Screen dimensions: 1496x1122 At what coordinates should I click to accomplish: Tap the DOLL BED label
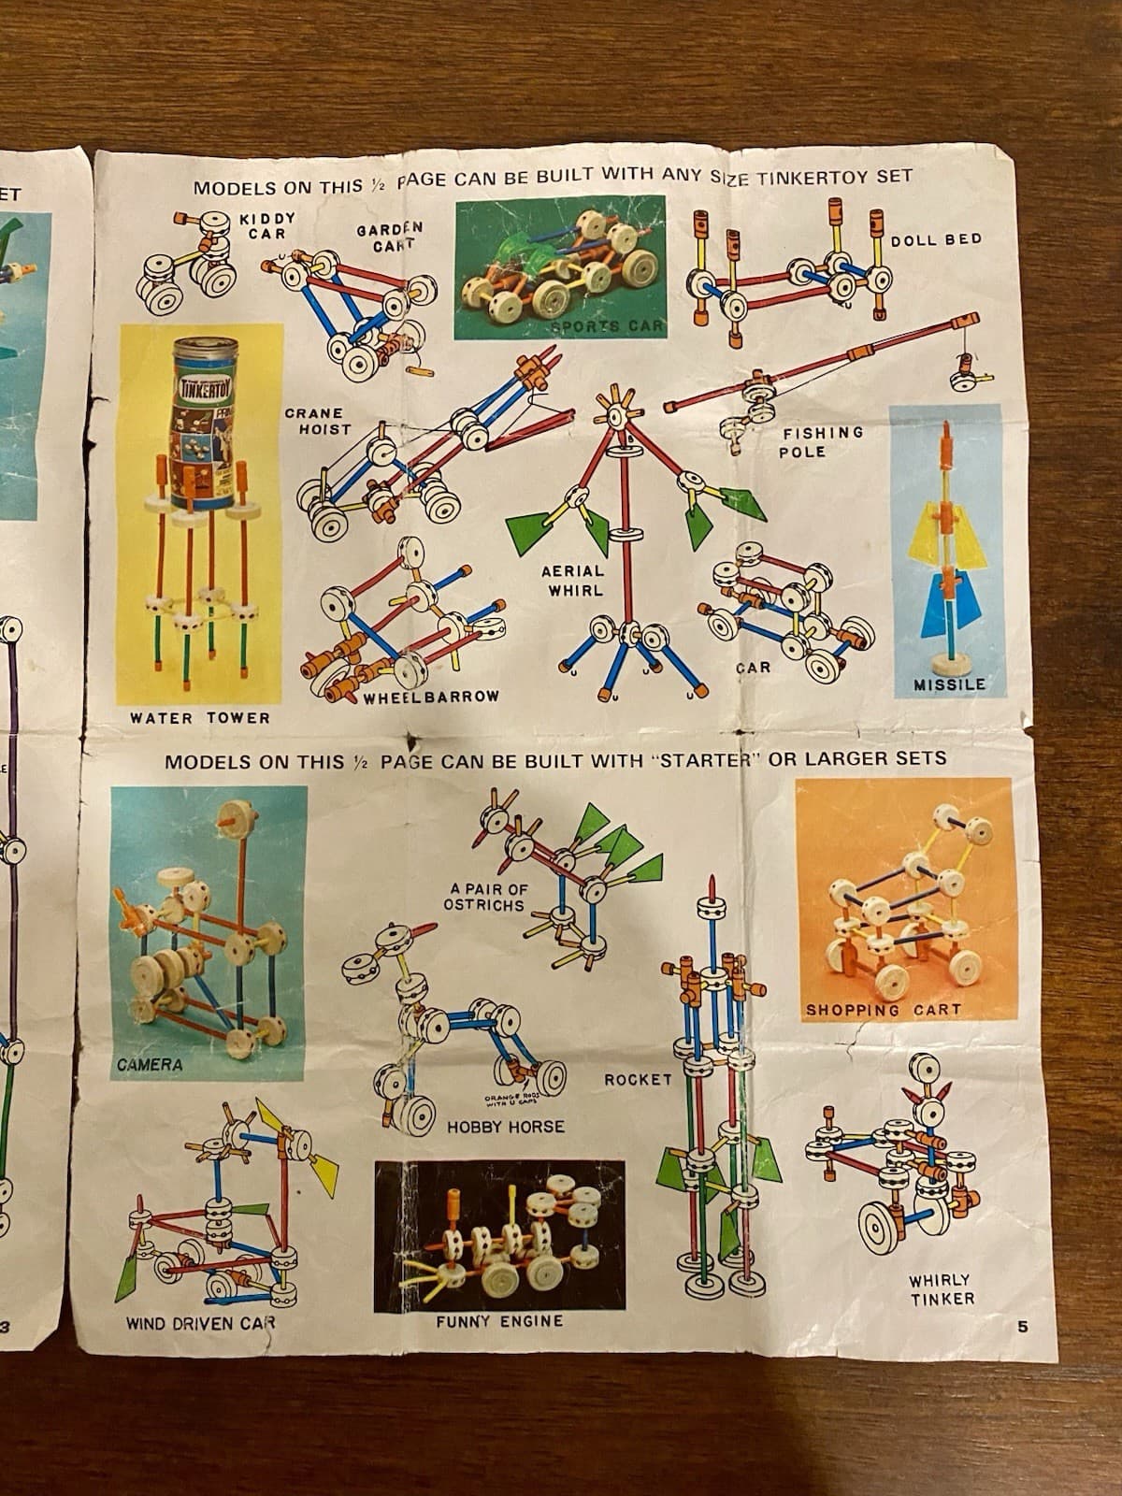(x=936, y=239)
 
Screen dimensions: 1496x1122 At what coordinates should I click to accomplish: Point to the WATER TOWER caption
(x=199, y=718)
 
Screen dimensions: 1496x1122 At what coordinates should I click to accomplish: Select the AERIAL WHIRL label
(x=571, y=580)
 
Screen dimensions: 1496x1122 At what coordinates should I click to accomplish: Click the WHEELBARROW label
(x=431, y=697)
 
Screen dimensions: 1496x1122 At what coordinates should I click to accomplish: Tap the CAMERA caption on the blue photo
(x=150, y=1065)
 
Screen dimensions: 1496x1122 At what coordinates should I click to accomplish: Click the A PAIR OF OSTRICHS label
(x=482, y=896)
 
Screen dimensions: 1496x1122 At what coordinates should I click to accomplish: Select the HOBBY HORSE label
(x=505, y=1128)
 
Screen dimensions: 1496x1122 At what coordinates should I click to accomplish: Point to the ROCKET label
(x=638, y=1080)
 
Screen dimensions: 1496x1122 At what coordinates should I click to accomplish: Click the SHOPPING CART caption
(x=883, y=1010)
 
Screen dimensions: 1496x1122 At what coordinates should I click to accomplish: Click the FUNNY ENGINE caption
(x=499, y=1321)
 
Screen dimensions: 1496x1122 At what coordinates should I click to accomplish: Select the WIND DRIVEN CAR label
(x=201, y=1324)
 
